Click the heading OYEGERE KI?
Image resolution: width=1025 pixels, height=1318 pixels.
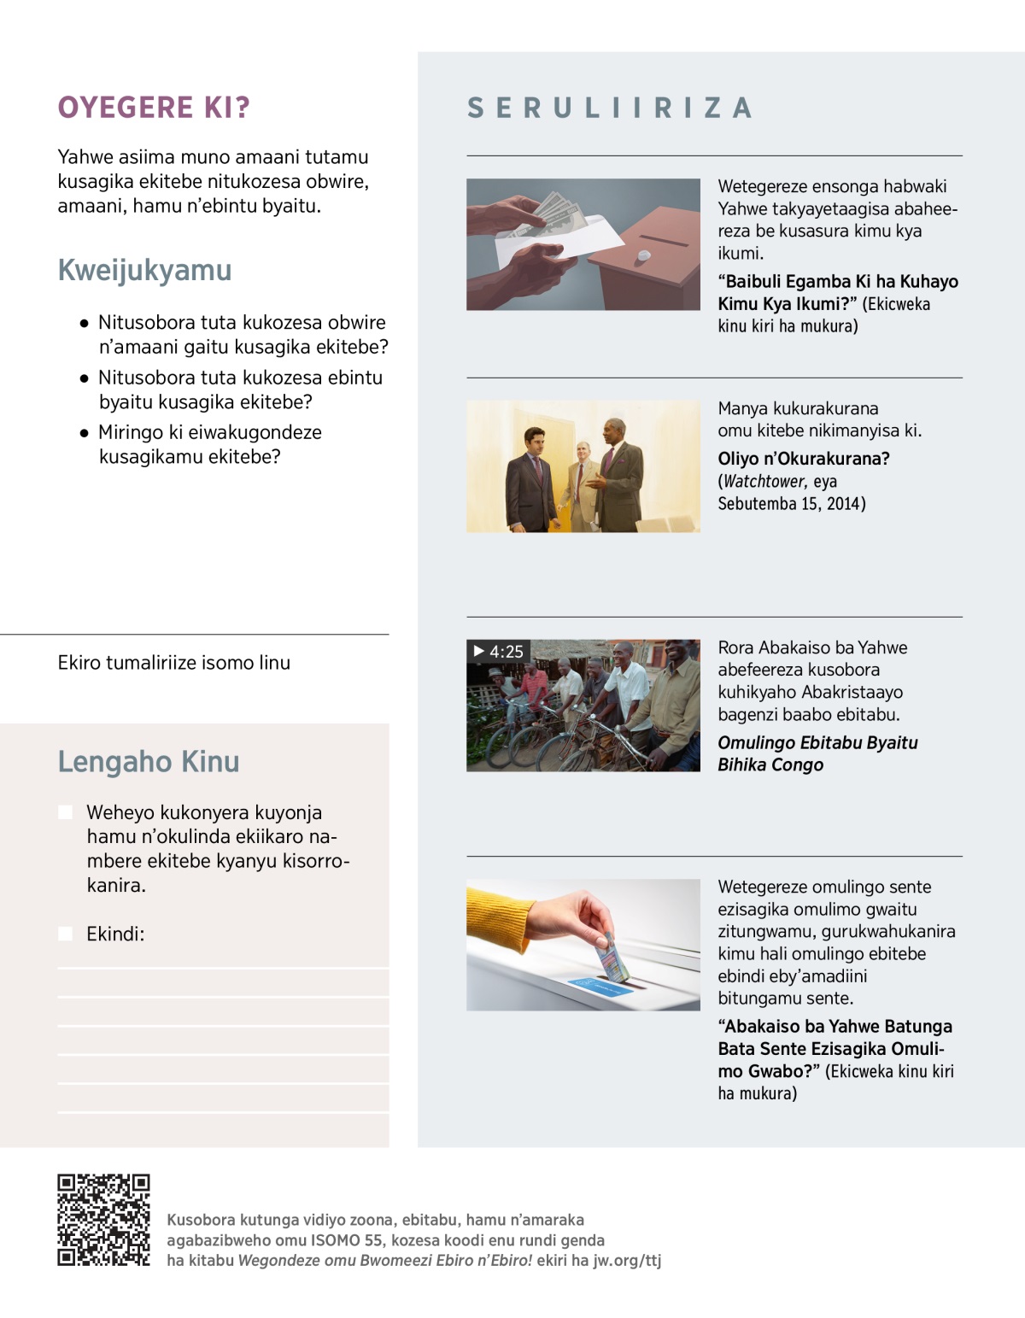pyautogui.click(x=154, y=108)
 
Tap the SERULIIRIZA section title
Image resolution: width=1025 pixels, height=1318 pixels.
pyautogui.click(x=610, y=108)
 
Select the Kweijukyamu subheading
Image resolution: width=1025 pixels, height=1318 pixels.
pyautogui.click(x=144, y=270)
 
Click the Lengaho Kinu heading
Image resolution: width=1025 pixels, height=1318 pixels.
pyautogui.click(x=149, y=761)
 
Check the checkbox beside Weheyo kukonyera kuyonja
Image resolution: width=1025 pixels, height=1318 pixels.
pyautogui.click(x=65, y=812)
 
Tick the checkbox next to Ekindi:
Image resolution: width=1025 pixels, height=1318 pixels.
pyautogui.click(x=65, y=934)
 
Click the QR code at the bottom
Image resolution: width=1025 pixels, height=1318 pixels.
pyautogui.click(x=103, y=1220)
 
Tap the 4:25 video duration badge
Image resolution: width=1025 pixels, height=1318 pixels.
pyautogui.click(x=499, y=651)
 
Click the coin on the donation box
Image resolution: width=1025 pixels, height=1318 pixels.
pyautogui.click(x=644, y=255)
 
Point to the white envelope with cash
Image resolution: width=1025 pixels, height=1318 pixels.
pyautogui.click(x=547, y=231)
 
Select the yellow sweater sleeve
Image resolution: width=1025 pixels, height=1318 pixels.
pyautogui.click(x=504, y=918)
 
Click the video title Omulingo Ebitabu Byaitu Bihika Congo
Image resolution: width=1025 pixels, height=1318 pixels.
pyautogui.click(x=817, y=753)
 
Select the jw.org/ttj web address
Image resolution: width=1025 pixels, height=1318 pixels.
pyautogui.click(x=627, y=1260)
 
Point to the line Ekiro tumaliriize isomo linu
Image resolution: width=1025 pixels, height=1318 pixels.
pyautogui.click(x=174, y=663)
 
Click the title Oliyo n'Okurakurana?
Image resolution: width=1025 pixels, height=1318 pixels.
pyautogui.click(x=803, y=459)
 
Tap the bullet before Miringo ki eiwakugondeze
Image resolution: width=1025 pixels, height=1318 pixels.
pyautogui.click(x=84, y=433)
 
